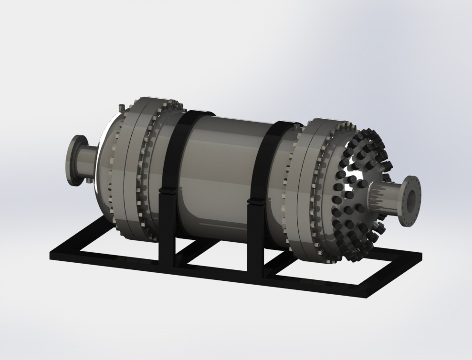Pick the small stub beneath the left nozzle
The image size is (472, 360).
point(89,181)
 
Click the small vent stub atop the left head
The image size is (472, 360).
point(122,106)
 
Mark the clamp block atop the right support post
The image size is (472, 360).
point(256,200)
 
